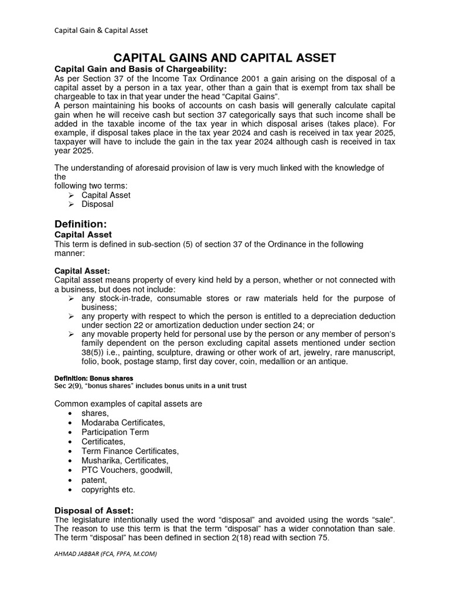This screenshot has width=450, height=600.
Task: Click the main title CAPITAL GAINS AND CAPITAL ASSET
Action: click(x=224, y=57)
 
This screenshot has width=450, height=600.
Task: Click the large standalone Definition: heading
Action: click(x=80, y=223)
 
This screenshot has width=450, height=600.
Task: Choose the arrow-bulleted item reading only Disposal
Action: click(x=97, y=204)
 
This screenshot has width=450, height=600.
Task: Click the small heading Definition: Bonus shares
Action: click(x=93, y=378)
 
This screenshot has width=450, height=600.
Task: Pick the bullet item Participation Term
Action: click(x=115, y=432)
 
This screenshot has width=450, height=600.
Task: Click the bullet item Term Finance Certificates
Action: click(x=130, y=451)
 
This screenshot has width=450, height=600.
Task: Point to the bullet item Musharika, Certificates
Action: click(x=125, y=461)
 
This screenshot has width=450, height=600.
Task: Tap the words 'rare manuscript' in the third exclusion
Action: click(x=362, y=353)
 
